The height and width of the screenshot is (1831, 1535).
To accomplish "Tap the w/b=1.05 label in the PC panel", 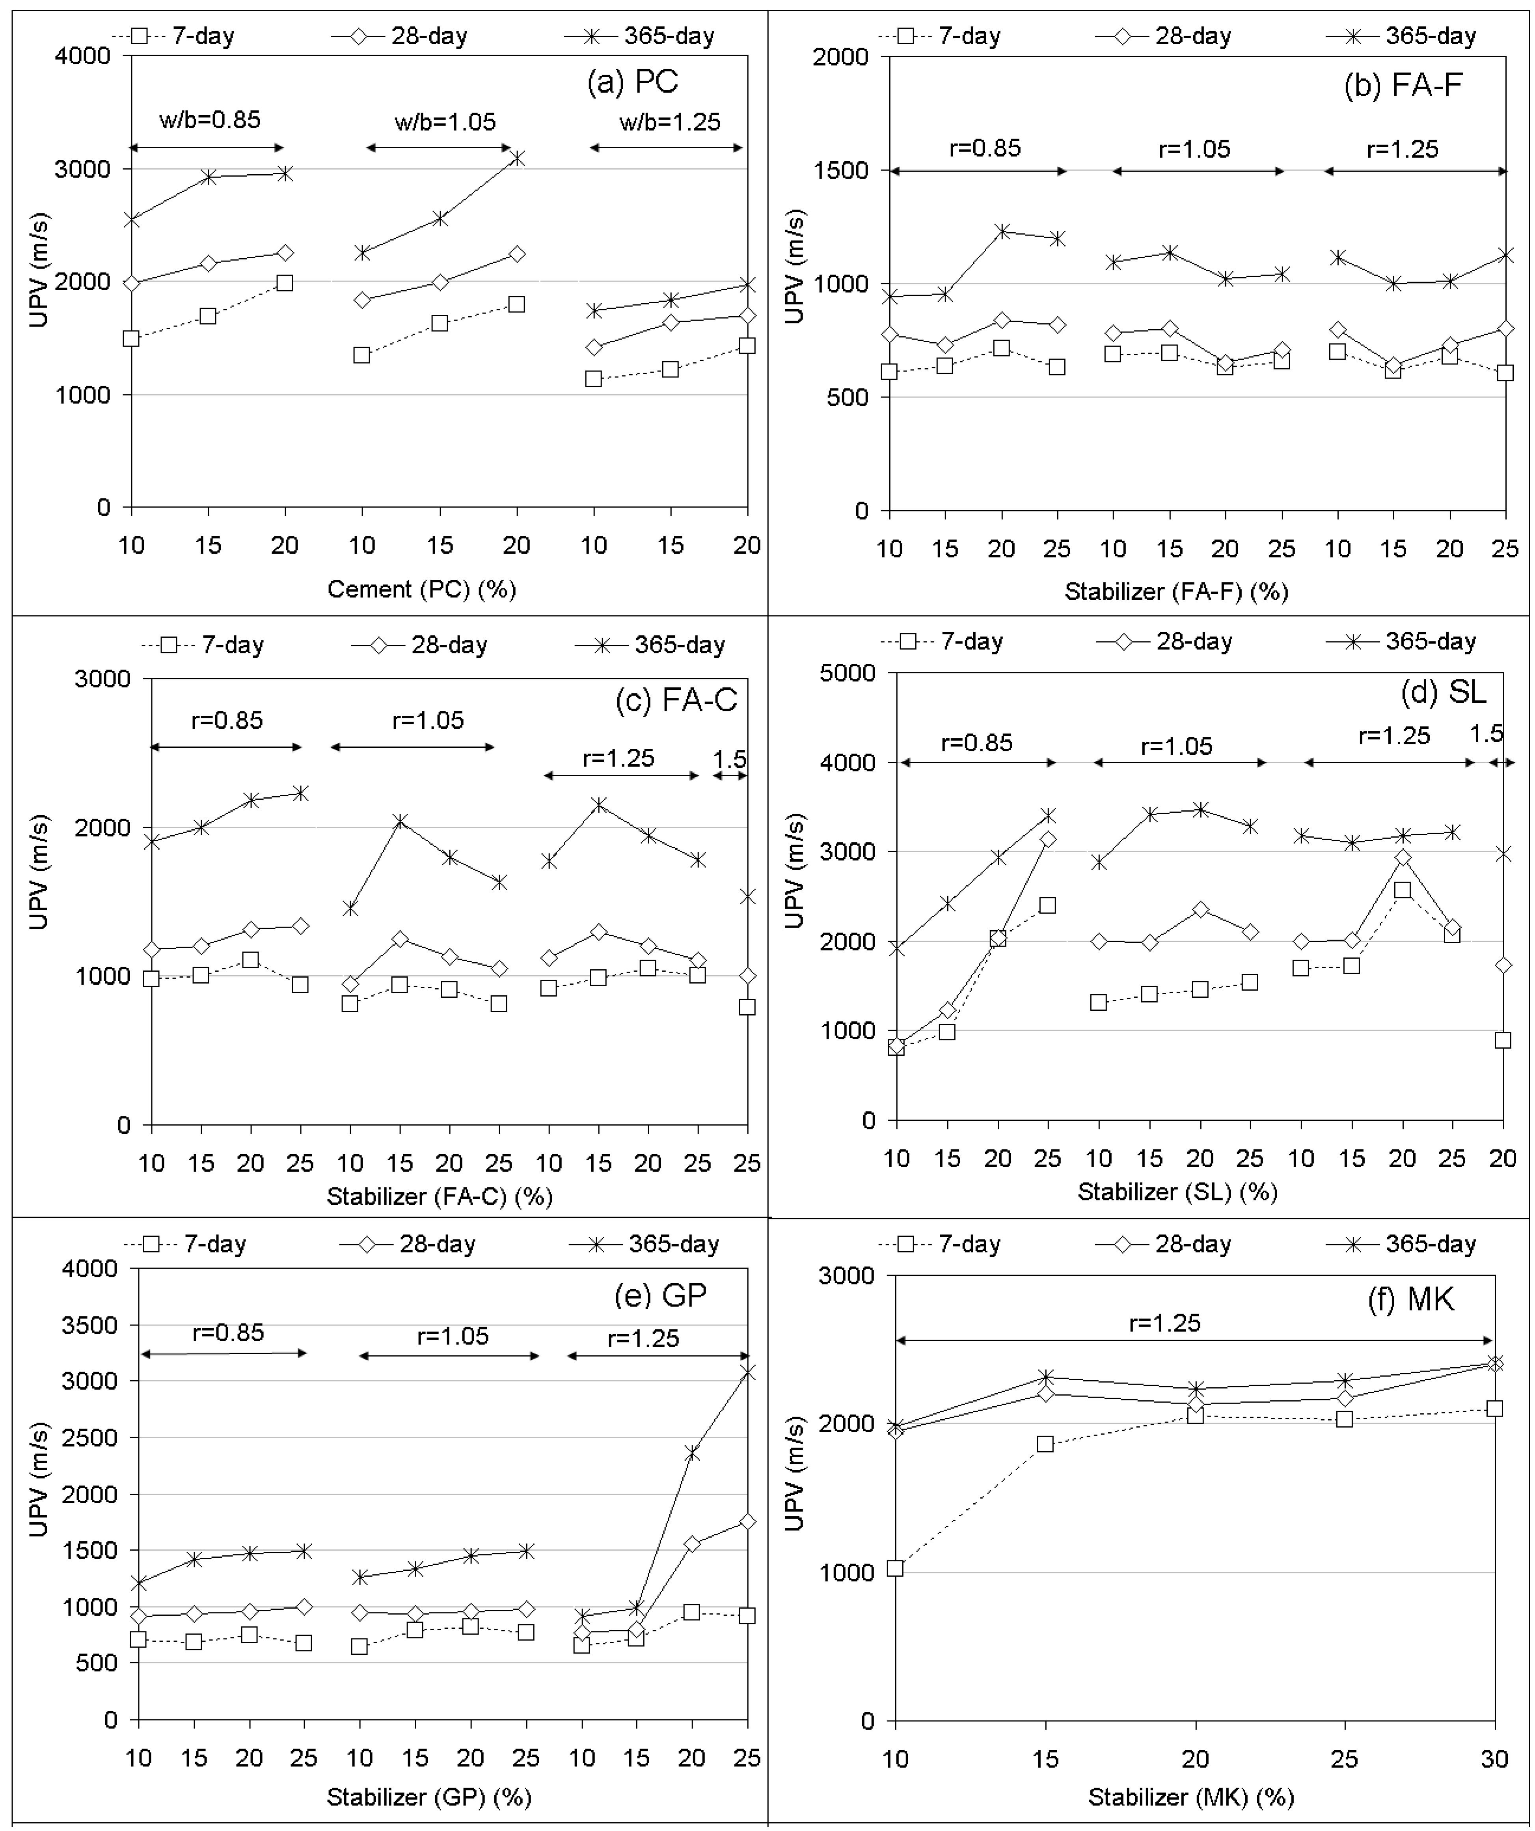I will click(x=445, y=121).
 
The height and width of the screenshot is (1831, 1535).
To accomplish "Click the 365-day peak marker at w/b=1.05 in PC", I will click(x=517, y=158).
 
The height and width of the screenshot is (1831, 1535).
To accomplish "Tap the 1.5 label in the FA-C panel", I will click(x=730, y=760).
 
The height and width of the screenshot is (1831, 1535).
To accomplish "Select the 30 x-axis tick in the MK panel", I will click(x=1494, y=1758).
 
